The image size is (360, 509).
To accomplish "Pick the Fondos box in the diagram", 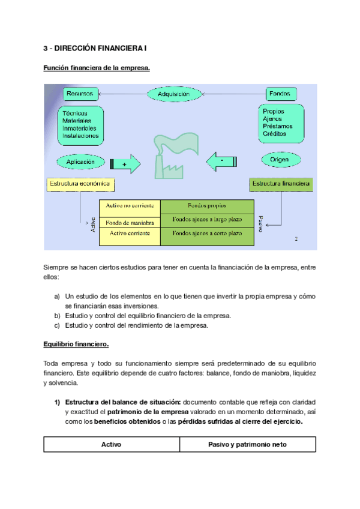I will tap(280, 94).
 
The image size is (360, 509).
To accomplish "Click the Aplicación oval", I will tap(81, 161).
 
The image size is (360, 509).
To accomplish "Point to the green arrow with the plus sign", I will tap(125, 163).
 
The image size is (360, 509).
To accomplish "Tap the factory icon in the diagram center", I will tap(174, 155).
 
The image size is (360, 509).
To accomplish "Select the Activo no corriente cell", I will tap(130, 207).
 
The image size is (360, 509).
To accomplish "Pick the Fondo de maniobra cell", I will tap(130, 223).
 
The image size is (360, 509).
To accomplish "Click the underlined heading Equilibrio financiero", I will tap(76, 345).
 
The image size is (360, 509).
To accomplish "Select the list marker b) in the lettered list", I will tap(57, 316).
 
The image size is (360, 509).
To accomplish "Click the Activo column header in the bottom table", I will tap(112, 445).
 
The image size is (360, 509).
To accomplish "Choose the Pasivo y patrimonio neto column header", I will tap(247, 445).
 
